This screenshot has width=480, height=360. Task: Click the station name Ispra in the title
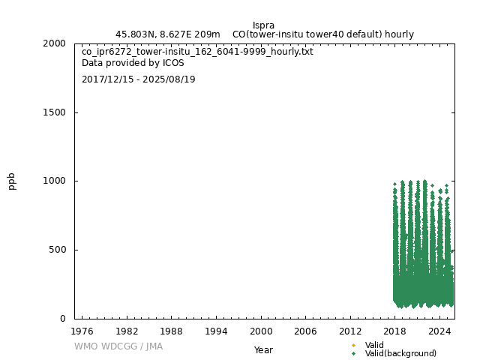pyautogui.click(x=263, y=25)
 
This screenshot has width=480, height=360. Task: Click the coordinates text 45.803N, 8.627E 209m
pyautogui.click(x=168, y=34)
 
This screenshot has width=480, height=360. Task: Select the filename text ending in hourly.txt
pyautogui.click(x=197, y=52)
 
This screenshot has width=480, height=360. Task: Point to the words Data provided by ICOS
pyautogui.click(x=133, y=63)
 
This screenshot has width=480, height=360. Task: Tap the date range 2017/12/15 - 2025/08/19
pyautogui.click(x=138, y=79)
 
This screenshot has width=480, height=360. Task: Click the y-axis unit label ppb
pyautogui.click(x=12, y=181)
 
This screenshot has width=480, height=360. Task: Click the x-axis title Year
pyautogui.click(x=263, y=349)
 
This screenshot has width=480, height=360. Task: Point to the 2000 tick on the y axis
pyautogui.click(x=54, y=43)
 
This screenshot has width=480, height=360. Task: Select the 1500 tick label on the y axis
pyautogui.click(x=54, y=112)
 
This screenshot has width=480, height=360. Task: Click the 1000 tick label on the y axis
pyautogui.click(x=54, y=181)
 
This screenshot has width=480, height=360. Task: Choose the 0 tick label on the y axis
pyautogui.click(x=63, y=319)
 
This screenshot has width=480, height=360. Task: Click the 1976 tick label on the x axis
pyautogui.click(x=82, y=331)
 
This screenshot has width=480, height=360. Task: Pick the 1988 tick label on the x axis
pyautogui.click(x=172, y=331)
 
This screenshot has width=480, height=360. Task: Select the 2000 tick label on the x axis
pyautogui.click(x=261, y=331)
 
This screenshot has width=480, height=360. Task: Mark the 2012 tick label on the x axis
pyautogui.click(x=350, y=331)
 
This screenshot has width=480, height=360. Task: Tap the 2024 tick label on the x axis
pyautogui.click(x=440, y=331)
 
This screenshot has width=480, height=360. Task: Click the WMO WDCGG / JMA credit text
pyautogui.click(x=118, y=346)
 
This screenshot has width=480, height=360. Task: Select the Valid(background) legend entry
pyautogui.click(x=400, y=353)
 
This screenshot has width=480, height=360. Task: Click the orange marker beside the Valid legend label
pyautogui.click(x=353, y=345)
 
